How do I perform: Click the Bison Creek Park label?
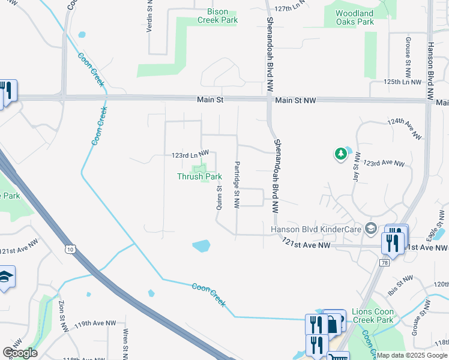pyautogui.click(x=218, y=16)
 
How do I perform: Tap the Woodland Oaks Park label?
pyautogui.click(x=354, y=17)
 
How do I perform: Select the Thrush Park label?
pyautogui.click(x=199, y=176)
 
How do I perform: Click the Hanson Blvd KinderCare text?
pyautogui.click(x=316, y=228)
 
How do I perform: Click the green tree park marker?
pyautogui.click(x=341, y=154)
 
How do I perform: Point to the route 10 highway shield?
pyautogui.click(x=72, y=249)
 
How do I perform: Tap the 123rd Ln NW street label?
pyautogui.click(x=190, y=155)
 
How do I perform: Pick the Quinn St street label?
pyautogui.click(x=220, y=196)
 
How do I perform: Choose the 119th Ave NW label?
pyautogui.click(x=95, y=323)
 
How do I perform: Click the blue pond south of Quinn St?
pyautogui.click(x=202, y=245)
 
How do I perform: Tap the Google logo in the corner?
pyautogui.click(x=19, y=353)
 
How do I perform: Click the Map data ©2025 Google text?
pyautogui.click(x=411, y=355)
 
